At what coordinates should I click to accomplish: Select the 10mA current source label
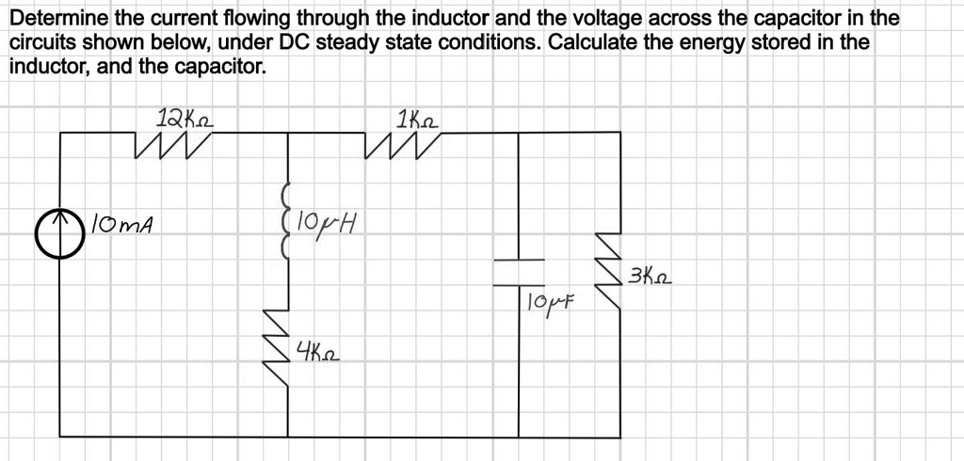click(x=123, y=226)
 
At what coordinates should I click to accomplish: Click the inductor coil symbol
click(x=283, y=218)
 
